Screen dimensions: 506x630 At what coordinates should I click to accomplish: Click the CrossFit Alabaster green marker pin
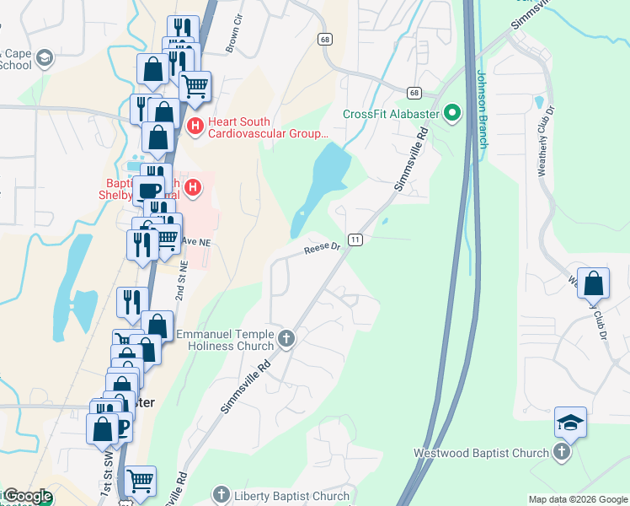click(452, 113)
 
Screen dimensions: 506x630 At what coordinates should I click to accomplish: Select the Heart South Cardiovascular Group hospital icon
click(195, 127)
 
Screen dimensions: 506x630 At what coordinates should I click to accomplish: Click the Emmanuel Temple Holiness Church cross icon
click(286, 340)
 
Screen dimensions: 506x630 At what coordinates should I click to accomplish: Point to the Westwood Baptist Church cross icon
click(561, 453)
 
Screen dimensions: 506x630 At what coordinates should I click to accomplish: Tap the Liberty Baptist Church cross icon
click(222, 496)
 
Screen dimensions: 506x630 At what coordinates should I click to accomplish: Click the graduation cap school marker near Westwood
click(570, 423)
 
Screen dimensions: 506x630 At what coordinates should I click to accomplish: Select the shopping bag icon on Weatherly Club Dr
click(594, 284)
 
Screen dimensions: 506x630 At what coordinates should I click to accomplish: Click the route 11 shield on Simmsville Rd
click(356, 240)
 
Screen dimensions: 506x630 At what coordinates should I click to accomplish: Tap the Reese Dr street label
click(322, 248)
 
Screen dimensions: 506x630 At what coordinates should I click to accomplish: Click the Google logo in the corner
click(27, 496)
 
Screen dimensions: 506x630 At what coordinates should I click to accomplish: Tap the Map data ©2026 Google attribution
click(577, 499)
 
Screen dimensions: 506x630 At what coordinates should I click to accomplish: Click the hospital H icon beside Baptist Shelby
click(194, 186)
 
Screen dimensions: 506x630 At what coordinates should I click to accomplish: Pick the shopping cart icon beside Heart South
click(195, 85)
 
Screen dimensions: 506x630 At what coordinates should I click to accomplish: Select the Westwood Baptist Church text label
click(481, 453)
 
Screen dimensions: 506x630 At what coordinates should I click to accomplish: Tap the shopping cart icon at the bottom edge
click(140, 482)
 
